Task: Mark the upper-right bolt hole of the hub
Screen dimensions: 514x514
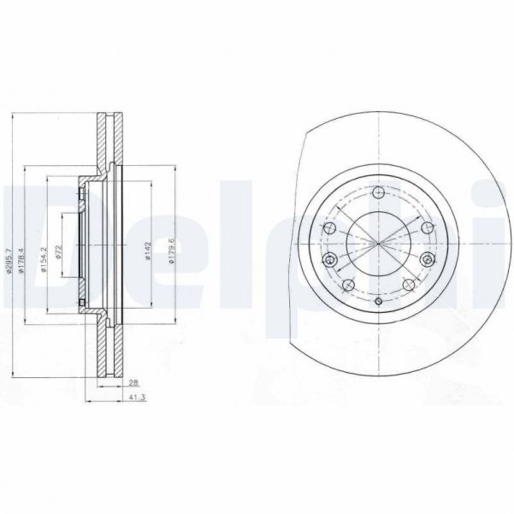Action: [x=425, y=227]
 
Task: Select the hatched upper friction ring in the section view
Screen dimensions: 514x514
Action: [x=108, y=142]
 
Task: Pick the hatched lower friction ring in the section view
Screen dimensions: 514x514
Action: [x=108, y=346]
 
